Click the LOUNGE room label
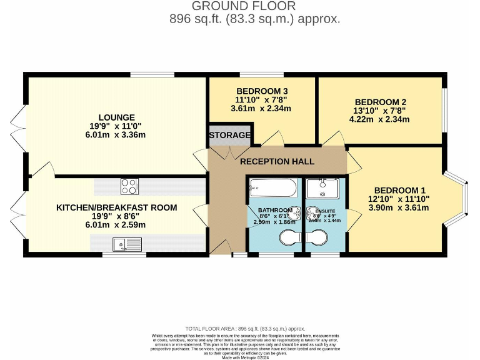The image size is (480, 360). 116,117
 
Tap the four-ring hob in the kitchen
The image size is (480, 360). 129,186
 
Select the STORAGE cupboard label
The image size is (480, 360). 229,135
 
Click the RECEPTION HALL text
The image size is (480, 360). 277,162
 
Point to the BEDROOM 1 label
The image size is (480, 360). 400,191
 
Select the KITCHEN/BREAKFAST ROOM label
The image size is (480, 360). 117,207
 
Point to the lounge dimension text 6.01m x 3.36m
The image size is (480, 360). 116,134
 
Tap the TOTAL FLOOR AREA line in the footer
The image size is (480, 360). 245,328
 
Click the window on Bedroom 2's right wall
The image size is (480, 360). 445,107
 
